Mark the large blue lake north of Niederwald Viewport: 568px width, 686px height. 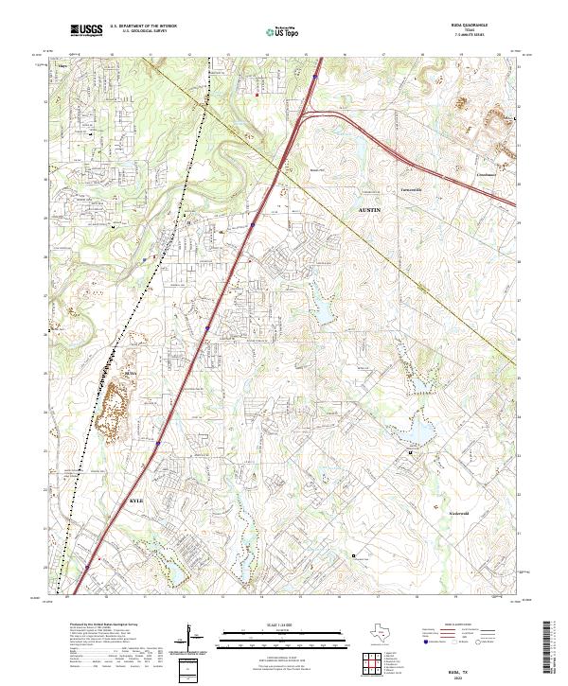point(417,431)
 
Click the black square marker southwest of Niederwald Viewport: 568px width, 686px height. point(354,555)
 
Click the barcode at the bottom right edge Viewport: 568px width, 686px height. point(552,648)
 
